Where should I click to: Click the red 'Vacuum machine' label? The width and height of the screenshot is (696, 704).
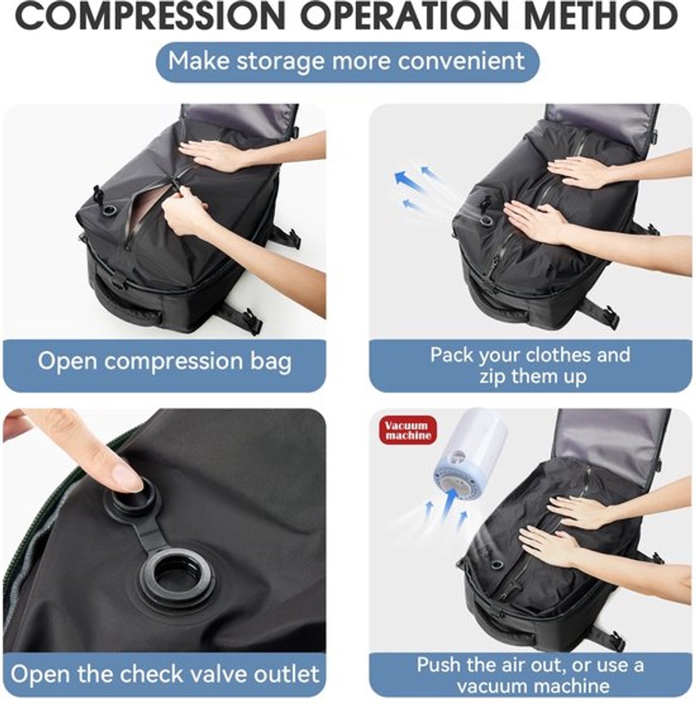tap(408, 430)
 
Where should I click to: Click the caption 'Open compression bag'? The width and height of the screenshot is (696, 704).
tap(165, 361)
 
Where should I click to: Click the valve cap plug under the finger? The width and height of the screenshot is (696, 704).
tap(133, 496)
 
